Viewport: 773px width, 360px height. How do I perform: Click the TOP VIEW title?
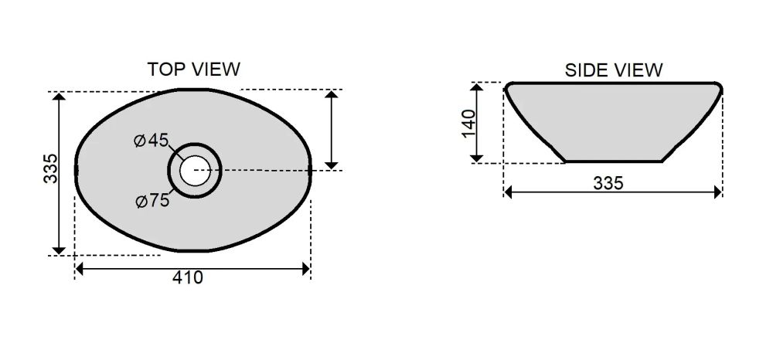[x=194, y=70]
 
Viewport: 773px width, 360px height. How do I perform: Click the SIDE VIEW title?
[x=614, y=70]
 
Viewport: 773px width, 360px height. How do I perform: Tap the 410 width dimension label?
[x=187, y=278]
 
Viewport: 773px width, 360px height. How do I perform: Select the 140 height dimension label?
[x=469, y=124]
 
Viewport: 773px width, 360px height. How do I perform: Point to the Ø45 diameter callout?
[x=152, y=141]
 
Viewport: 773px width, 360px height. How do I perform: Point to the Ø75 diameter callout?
[x=152, y=201]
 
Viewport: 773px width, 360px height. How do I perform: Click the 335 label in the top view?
[x=51, y=168]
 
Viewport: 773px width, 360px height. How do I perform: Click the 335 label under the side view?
[x=608, y=183]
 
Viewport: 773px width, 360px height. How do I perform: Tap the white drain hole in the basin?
[x=194, y=171]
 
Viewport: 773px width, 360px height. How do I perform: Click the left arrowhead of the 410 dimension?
[x=79, y=269]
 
